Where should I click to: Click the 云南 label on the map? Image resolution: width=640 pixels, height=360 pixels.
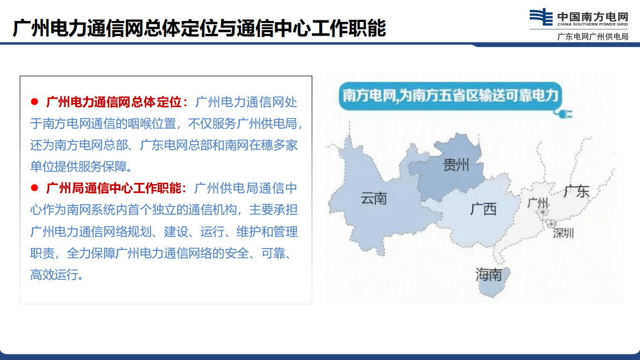tap(374, 198)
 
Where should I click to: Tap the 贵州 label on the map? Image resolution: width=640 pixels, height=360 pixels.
tap(456, 165)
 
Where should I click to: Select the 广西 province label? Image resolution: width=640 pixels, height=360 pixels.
tap(483, 208)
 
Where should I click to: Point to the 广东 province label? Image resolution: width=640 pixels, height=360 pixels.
tap(577, 191)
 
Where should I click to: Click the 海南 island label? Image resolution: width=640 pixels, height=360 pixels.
tap(488, 274)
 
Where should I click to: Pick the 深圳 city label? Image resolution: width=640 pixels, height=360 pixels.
tap(563, 234)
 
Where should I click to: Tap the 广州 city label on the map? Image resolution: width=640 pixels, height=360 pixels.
tap(538, 203)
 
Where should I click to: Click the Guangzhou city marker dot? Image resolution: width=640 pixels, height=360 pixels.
tap(544, 213)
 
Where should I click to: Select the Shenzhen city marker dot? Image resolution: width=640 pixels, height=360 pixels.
tap(552, 223)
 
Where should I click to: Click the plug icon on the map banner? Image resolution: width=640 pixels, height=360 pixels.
tap(565, 114)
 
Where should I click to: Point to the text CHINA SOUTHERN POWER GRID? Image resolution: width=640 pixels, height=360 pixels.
tap(592, 24)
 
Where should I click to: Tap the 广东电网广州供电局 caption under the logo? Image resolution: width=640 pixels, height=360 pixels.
tap(593, 37)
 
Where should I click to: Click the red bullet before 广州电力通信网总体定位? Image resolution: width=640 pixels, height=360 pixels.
tap(35, 102)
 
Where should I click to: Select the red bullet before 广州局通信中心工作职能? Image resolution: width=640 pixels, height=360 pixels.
tap(35, 188)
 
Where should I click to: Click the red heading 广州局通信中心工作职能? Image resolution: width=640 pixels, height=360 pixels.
tap(116, 188)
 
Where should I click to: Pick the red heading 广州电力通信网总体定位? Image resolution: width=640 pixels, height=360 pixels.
tap(116, 102)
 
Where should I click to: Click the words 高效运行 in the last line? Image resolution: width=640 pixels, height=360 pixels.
tap(56, 275)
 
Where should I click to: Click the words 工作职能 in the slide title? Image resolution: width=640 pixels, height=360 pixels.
tap(360, 29)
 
